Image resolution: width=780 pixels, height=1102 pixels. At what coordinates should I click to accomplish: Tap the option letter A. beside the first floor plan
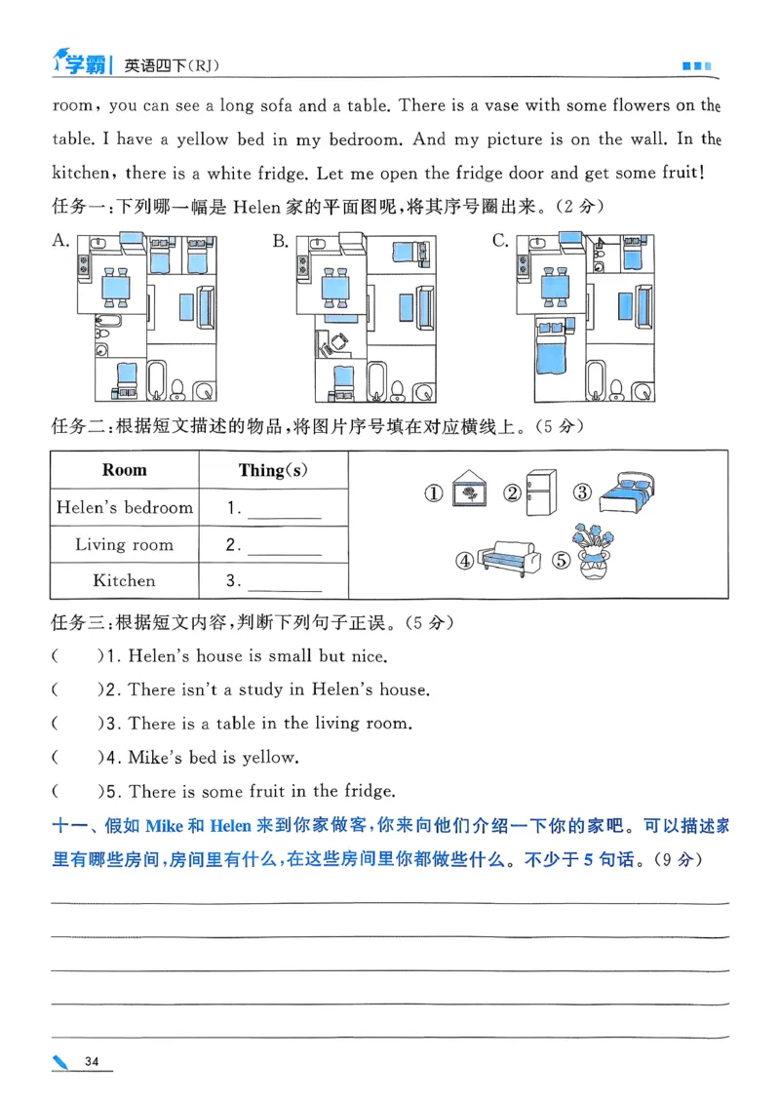point(60,241)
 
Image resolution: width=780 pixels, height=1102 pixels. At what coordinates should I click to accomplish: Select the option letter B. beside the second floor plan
point(281,241)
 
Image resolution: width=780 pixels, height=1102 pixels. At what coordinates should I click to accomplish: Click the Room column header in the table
point(125,470)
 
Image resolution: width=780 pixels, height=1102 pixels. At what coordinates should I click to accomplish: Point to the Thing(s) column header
point(273,470)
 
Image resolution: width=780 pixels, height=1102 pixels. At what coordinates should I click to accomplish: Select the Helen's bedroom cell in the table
point(125,507)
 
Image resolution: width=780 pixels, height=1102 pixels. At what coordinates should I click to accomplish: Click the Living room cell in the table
point(125,544)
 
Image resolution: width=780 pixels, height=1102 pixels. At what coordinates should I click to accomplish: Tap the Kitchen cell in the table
point(125,580)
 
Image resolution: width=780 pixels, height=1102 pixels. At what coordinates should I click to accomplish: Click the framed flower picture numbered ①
point(470,492)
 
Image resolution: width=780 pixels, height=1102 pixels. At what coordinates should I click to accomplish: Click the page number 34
point(93,1061)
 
